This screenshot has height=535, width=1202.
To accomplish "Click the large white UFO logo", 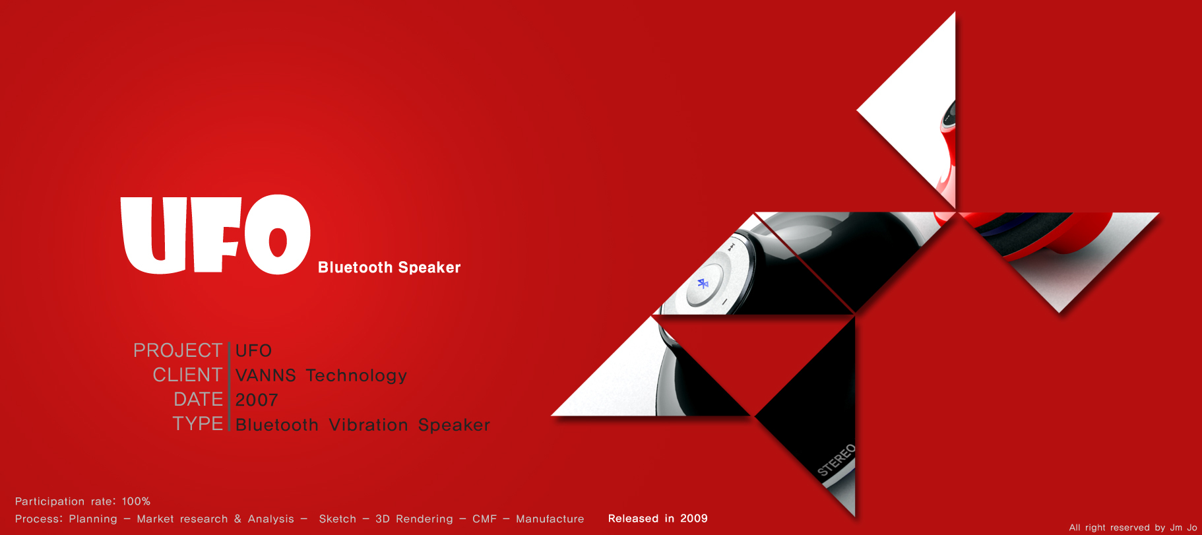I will pyautogui.click(x=215, y=235).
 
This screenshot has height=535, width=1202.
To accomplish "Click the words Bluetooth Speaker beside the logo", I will pyautogui.click(x=389, y=267).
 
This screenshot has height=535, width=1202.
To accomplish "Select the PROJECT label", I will pyautogui.click(x=177, y=350).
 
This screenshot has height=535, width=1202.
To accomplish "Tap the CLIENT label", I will pyautogui.click(x=187, y=375).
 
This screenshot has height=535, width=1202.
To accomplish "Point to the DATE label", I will pyautogui.click(x=198, y=399).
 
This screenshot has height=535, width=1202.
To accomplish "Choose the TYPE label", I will pyautogui.click(x=197, y=424).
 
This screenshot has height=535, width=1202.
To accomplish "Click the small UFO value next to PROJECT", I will pyautogui.click(x=253, y=350).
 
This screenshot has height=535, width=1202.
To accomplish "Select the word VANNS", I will pyautogui.click(x=266, y=375).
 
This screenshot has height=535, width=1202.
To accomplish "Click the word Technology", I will pyautogui.click(x=356, y=375).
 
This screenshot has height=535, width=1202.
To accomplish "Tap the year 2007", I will pyautogui.click(x=257, y=400).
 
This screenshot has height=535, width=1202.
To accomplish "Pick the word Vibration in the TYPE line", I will pyautogui.click(x=368, y=425).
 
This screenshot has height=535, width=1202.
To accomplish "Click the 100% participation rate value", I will pyautogui.click(x=136, y=501).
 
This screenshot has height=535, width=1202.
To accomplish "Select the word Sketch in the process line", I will pyautogui.click(x=337, y=519).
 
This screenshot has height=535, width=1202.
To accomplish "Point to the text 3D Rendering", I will pyautogui.click(x=414, y=519).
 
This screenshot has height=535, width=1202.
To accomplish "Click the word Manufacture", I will pyautogui.click(x=550, y=519).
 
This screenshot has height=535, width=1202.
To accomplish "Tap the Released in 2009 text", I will pyautogui.click(x=658, y=519).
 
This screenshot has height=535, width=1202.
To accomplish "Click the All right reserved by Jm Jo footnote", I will pyautogui.click(x=1133, y=527).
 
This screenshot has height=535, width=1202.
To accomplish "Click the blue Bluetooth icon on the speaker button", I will pyautogui.click(x=703, y=284).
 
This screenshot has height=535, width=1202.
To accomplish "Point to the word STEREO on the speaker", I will pyautogui.click(x=836, y=460).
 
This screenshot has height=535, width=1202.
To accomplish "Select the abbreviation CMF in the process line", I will pyautogui.click(x=484, y=519).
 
